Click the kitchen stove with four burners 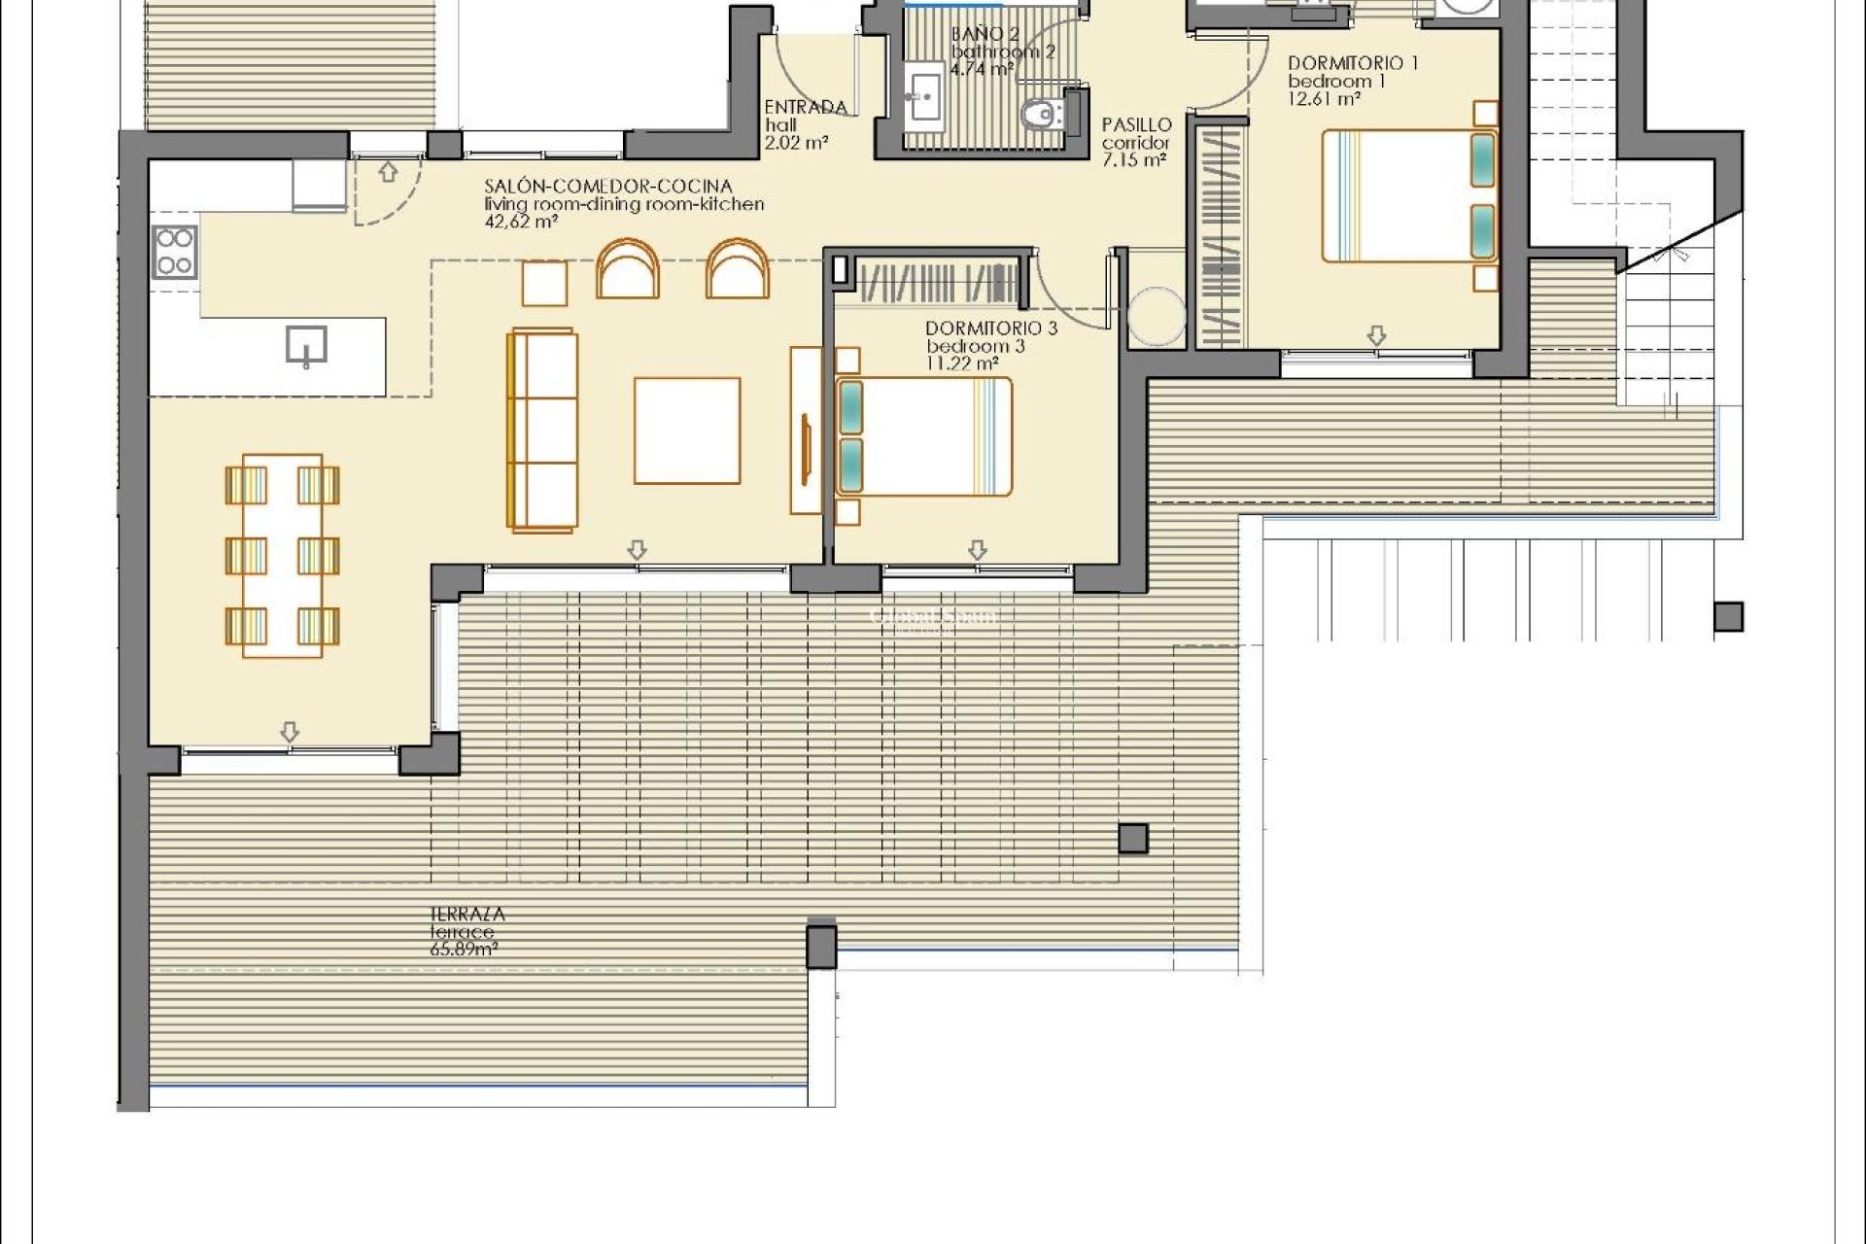pyautogui.click(x=175, y=252)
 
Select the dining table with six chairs pyautogui.click(x=282, y=555)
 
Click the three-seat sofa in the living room pyautogui.click(x=542, y=431)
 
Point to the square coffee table pyautogui.click(x=687, y=431)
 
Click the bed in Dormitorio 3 pyautogui.click(x=923, y=436)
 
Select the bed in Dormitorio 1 pyautogui.click(x=1409, y=195)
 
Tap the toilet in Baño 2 pyautogui.click(x=1042, y=115)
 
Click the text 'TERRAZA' pyautogui.click(x=467, y=914)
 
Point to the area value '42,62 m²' pyautogui.click(x=521, y=222)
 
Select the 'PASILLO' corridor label pyautogui.click(x=1137, y=125)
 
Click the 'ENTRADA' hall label pyautogui.click(x=806, y=107)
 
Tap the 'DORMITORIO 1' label pyautogui.click(x=1353, y=63)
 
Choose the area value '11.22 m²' pyautogui.click(x=962, y=363)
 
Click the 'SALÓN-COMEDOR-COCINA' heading pyautogui.click(x=608, y=186)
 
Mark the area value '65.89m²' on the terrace pyautogui.click(x=464, y=950)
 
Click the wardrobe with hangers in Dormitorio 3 pyautogui.click(x=938, y=282)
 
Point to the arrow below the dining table pyautogui.click(x=290, y=732)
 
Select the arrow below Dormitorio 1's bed pyautogui.click(x=1376, y=336)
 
